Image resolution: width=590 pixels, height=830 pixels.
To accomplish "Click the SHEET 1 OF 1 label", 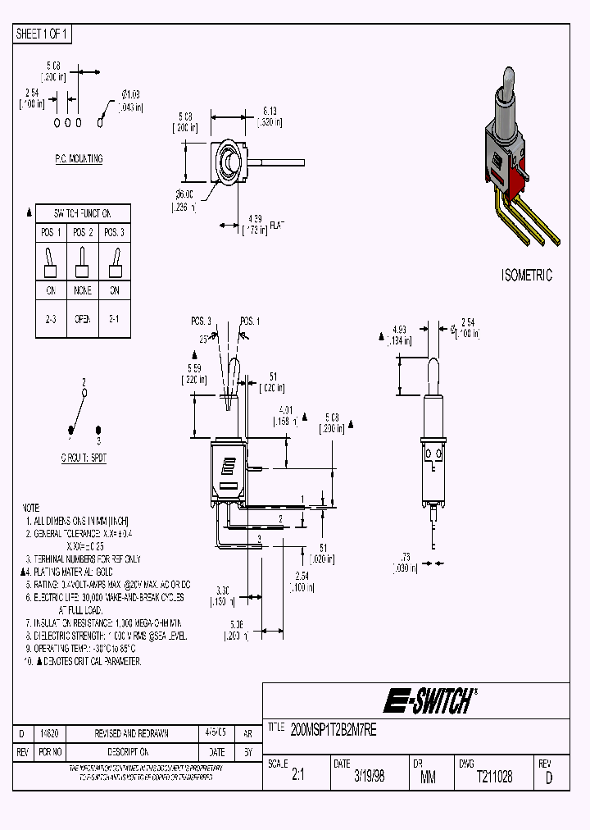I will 43,34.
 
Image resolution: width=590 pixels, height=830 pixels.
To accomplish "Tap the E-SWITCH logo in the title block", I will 429,701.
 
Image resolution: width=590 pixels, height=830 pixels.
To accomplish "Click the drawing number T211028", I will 494,777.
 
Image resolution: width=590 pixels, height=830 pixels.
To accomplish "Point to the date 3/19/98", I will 368,777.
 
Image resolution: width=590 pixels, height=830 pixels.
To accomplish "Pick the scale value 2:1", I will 297,777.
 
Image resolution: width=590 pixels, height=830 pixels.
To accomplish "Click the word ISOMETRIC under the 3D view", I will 526,276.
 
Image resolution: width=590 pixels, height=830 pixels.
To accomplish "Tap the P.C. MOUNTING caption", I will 74,159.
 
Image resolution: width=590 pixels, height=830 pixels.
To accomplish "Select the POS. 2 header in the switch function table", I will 83,233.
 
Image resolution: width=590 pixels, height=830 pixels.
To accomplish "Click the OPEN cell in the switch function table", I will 83,319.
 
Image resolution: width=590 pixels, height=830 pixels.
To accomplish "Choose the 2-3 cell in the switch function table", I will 50,319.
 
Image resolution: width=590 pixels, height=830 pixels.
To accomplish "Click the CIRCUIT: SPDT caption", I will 83,457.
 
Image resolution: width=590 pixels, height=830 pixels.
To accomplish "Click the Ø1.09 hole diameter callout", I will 131,98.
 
